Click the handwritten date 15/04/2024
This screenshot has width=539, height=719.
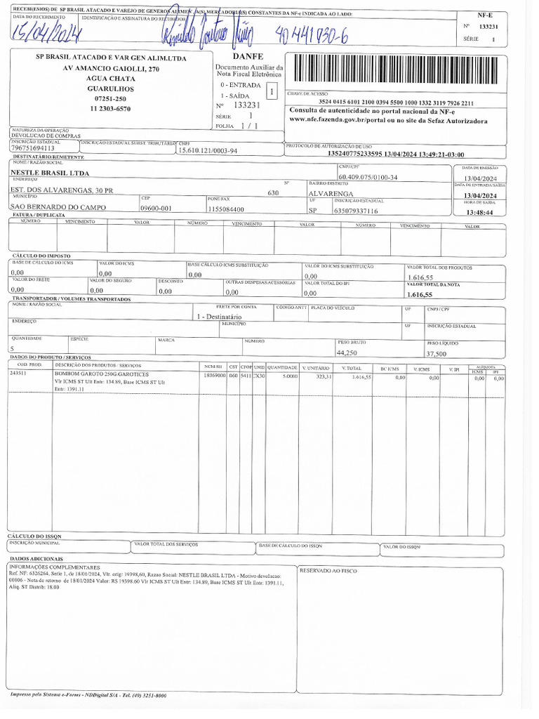46,32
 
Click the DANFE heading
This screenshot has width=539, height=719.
247,55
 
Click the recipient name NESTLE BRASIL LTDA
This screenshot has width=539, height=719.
50,173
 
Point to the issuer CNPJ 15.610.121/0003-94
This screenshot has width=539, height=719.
208,150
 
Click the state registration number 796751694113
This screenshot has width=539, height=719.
32,148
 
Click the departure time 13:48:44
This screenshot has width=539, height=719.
479,212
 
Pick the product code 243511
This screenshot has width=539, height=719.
18,374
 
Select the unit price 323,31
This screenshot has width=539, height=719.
324,377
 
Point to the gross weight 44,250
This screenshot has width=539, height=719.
347,352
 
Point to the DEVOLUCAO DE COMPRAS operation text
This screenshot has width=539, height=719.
46,136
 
